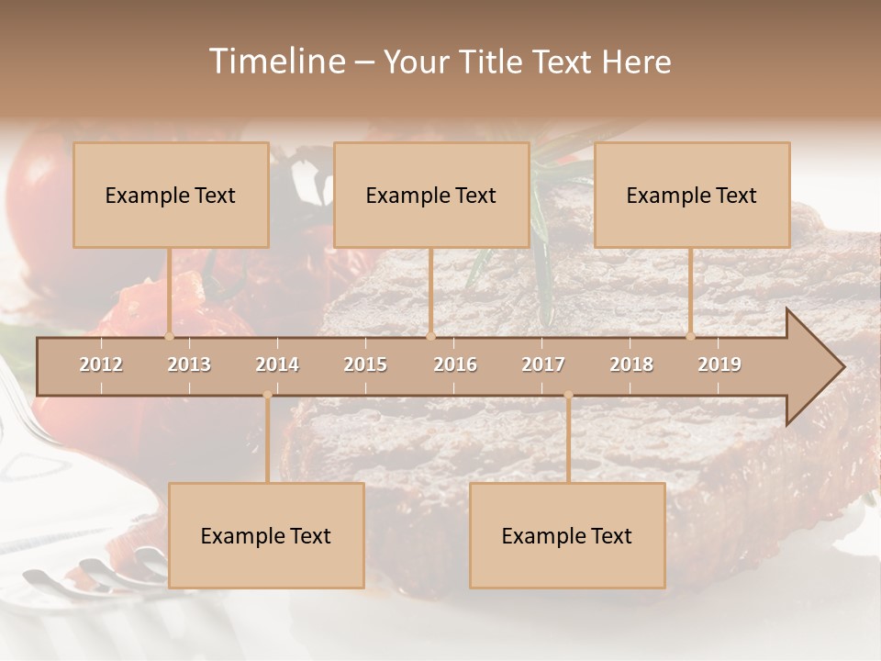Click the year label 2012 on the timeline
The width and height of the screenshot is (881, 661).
point(101,364)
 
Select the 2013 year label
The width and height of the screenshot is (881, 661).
point(189,364)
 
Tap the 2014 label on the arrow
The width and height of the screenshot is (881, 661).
point(277,364)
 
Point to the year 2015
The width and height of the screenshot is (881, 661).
point(365,364)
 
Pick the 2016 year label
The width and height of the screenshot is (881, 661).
point(455,364)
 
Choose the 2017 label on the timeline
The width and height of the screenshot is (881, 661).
point(543,364)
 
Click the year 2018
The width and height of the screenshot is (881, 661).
point(631,364)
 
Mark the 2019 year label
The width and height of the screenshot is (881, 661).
point(719,364)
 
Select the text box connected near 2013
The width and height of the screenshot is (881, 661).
point(171,195)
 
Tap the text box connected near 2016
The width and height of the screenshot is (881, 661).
point(431,195)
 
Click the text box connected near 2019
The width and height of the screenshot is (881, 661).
point(692,195)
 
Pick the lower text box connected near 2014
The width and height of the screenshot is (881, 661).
point(266,535)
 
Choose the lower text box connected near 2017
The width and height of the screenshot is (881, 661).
point(567,535)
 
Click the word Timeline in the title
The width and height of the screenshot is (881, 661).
point(275,62)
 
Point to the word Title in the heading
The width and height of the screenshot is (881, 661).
point(494,62)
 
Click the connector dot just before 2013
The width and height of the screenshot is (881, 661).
point(169,336)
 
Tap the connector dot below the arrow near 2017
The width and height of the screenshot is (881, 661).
point(568,396)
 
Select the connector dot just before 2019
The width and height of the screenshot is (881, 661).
point(690,336)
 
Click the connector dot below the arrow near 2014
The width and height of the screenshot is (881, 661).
point(267,396)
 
